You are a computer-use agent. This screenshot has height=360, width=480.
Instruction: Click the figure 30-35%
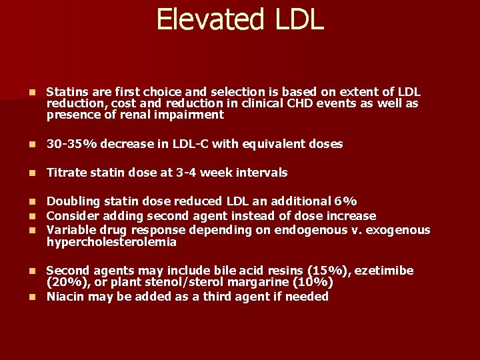[x=68, y=144]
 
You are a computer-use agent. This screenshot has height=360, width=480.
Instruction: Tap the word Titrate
[x=66, y=173]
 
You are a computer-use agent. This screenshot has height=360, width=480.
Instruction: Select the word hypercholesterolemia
[x=111, y=242]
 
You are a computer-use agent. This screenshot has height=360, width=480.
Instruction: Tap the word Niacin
[x=65, y=297]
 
